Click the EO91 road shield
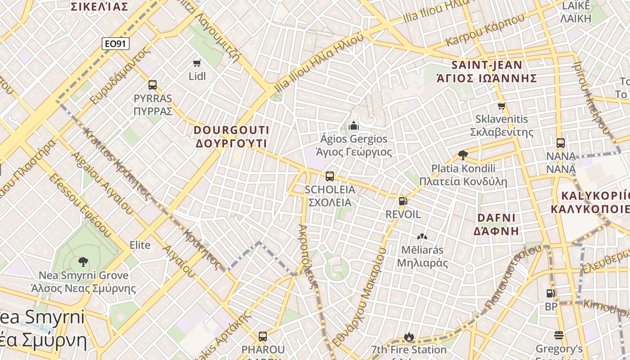point(116,44)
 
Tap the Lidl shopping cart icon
point(197,63)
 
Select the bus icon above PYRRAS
point(153,85)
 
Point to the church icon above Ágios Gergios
point(354,125)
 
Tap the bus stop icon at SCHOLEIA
point(330,176)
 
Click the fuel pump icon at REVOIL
point(403,201)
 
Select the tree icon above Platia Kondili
point(463,155)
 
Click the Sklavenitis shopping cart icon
point(502,106)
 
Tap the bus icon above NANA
point(561,143)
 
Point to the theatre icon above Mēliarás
point(422,237)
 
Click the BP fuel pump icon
point(551,293)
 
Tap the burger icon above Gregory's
point(559,335)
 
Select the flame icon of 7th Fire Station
point(409,337)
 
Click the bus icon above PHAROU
point(263,336)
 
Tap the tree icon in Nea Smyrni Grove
point(83,261)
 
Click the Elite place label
point(140,245)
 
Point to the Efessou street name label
point(81,205)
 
